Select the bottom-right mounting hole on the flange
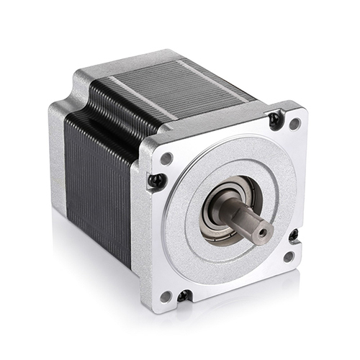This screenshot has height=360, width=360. pos(289,256)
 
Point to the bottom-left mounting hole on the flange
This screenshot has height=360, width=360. pos(166,295)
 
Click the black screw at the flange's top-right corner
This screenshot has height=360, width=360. pos(275,120)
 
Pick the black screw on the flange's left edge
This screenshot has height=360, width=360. pos(156,181)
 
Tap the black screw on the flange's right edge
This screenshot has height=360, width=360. pos(294,235)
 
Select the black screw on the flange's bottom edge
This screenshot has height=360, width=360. pos(184,295)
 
